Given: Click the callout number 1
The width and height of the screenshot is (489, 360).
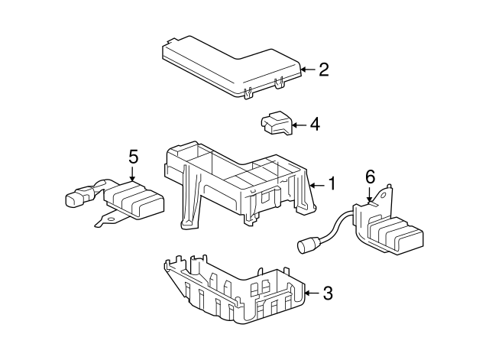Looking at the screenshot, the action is [x=332, y=183].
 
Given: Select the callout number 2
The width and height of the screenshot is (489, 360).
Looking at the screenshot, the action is [x=324, y=70].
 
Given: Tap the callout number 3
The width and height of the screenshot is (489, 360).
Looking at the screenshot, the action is [x=328, y=294].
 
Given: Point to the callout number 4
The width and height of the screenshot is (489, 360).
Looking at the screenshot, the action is [x=315, y=125].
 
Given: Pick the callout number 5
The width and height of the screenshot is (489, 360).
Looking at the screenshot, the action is [x=133, y=157].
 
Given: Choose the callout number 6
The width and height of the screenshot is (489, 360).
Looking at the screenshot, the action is [x=370, y=177].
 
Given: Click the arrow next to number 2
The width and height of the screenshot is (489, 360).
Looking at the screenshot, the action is [x=308, y=70].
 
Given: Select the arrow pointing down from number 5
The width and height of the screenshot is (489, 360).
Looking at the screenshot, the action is [x=133, y=174].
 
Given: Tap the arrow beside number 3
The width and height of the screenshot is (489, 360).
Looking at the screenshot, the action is [x=312, y=293].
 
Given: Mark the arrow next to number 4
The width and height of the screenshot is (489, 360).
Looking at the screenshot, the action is [x=300, y=125].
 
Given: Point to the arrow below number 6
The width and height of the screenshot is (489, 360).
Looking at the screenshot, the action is [x=370, y=195].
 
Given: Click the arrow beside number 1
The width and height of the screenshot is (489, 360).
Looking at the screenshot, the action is [x=318, y=186].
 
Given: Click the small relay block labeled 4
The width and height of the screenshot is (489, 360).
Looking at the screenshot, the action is [x=277, y=123].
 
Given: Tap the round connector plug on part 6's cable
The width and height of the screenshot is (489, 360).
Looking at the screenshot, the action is [x=305, y=245].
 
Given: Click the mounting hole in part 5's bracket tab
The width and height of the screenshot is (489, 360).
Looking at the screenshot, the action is [x=110, y=219].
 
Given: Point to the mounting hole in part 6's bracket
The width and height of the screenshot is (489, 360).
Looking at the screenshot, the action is [x=384, y=196].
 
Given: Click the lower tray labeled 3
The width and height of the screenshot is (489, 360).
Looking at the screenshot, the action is [x=235, y=290].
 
